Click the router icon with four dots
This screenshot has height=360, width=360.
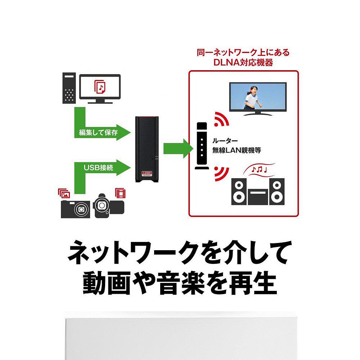click(202, 146)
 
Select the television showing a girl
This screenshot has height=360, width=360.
click(258, 98)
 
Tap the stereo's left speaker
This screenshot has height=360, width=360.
click(239, 191)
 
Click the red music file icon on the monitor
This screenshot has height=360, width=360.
click(100, 87)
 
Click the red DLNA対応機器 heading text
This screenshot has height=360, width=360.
click(243, 62)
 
